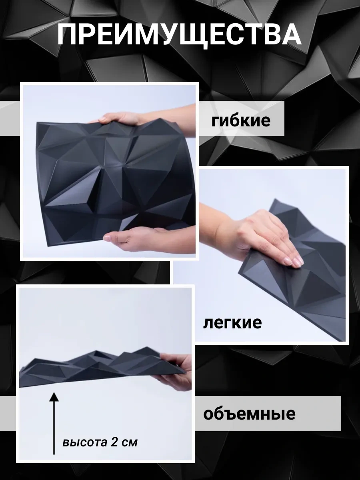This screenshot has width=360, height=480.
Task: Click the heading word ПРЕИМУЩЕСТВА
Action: click(179, 35)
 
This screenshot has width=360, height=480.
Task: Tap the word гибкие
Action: click(241, 120)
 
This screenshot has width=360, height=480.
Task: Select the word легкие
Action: click(232, 322)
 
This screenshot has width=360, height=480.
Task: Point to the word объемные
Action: click(249, 413)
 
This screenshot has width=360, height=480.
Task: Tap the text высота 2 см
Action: click(100, 443)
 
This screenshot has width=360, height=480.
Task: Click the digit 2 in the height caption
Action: click(115, 443)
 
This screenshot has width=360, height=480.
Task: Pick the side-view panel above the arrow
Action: click(100, 366)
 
